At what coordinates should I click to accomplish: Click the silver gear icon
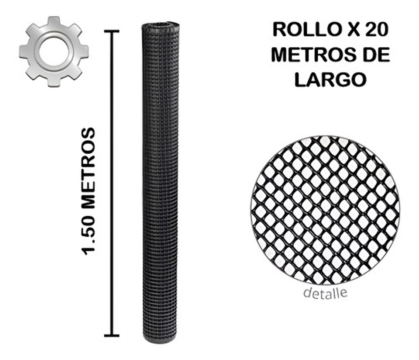pos(54,51)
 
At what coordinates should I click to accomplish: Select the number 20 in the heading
pos(375,30)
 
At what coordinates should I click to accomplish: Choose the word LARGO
pos(330,80)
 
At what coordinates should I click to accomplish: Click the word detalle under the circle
pos(326,293)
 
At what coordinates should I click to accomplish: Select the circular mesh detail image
pos(325,210)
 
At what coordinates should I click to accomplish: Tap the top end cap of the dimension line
pos(112,31)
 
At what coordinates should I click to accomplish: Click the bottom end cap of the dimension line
pos(112,336)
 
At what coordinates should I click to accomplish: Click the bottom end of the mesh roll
pos(160,339)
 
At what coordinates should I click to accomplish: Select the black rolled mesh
pos(160,183)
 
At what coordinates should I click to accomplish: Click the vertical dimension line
pos(112,183)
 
